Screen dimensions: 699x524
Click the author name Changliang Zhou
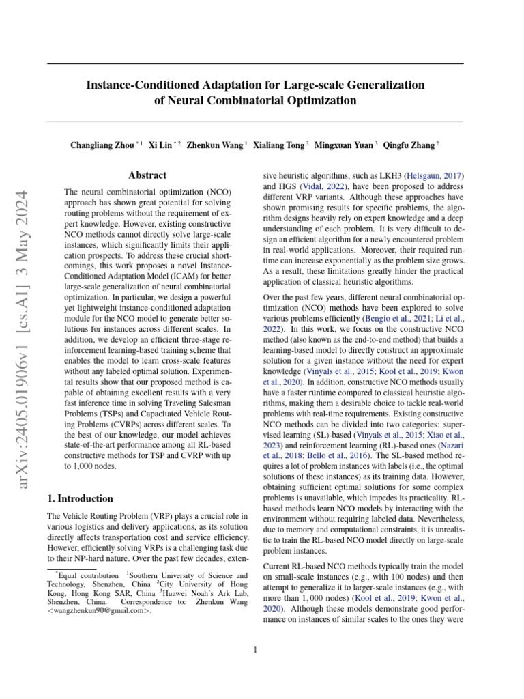point(102,145)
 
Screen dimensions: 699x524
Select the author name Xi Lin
point(160,145)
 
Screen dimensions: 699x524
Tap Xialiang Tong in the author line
point(278,145)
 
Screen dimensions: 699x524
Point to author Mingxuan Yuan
point(343,145)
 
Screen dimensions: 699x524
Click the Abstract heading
point(147,175)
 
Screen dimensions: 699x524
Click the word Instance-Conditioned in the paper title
point(139,85)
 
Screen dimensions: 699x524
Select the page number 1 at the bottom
point(255,649)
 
